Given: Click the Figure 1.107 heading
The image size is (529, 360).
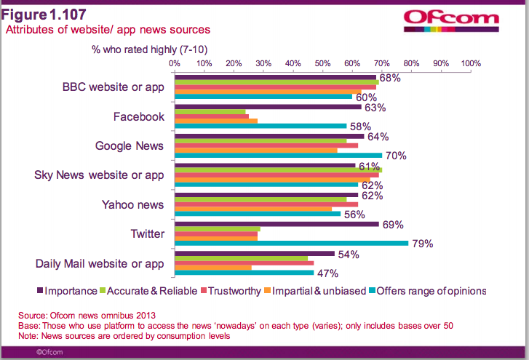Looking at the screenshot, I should [44, 14].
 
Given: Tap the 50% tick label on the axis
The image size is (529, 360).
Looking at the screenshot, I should [322, 63].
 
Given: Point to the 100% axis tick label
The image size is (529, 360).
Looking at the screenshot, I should [470, 63].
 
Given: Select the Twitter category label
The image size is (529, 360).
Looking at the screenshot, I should [146, 233].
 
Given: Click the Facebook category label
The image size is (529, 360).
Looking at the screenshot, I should [139, 116].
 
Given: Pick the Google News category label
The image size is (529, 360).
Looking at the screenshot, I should [130, 145].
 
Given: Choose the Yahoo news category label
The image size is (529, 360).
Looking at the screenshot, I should [132, 204].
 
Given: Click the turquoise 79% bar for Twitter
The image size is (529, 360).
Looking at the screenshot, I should [291, 243].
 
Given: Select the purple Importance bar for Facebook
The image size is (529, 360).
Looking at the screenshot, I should [268, 107].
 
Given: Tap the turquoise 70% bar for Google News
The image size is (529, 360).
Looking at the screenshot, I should [278, 155].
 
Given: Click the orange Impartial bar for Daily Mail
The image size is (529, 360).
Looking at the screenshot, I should [213, 267].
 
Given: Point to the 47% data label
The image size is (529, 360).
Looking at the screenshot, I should [327, 273].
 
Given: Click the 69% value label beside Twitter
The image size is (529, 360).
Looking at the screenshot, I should [393, 224].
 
